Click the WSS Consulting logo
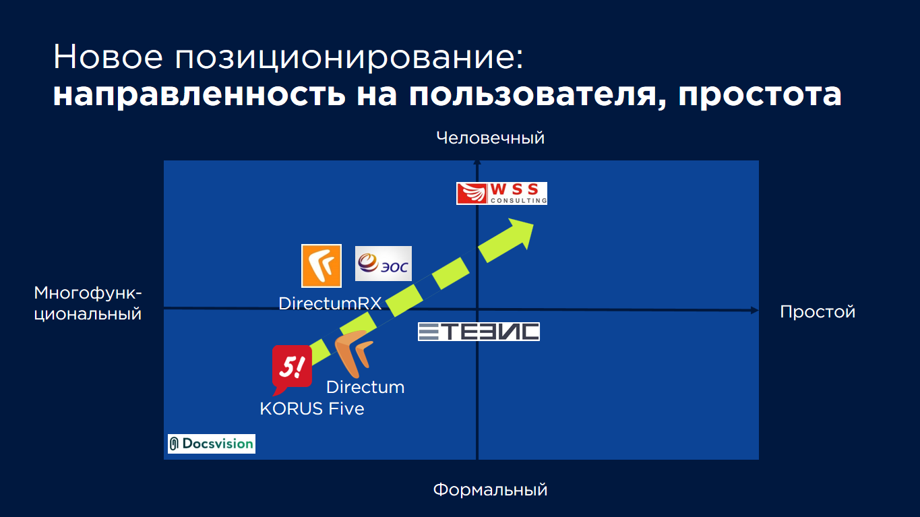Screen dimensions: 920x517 [x=501, y=193]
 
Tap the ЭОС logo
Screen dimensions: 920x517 [x=384, y=264]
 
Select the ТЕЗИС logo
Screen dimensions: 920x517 [x=479, y=332]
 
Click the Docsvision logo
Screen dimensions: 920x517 [x=212, y=444]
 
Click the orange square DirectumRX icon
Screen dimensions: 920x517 [x=321, y=266]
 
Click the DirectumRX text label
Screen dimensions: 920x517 [x=330, y=304]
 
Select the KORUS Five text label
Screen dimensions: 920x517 [x=312, y=409]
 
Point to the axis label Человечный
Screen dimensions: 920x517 [x=491, y=138]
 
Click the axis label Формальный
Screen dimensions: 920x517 [x=491, y=490]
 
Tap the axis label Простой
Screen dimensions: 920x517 [x=818, y=312]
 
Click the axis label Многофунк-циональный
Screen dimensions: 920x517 [x=88, y=303]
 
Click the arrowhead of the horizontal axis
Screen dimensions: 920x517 [x=755, y=311]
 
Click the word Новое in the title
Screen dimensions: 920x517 [x=108, y=57]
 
